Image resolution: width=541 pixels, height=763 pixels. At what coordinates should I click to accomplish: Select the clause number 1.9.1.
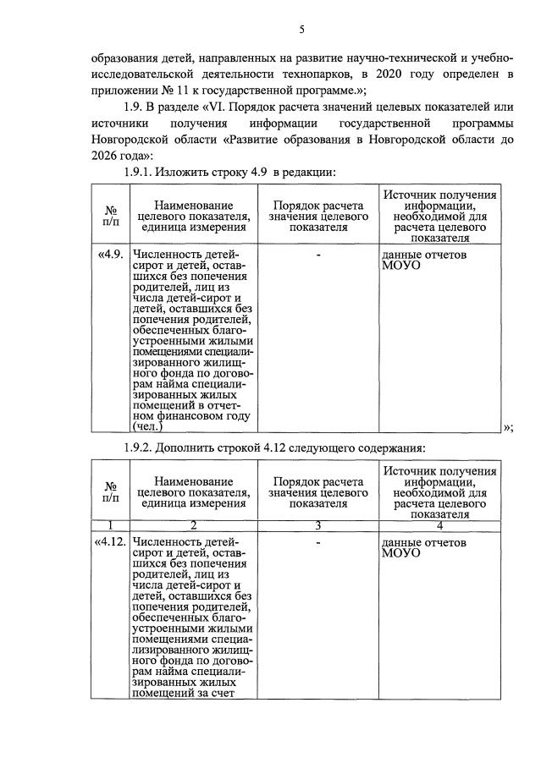tap(142, 173)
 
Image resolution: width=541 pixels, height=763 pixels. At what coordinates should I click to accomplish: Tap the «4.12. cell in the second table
tap(110, 541)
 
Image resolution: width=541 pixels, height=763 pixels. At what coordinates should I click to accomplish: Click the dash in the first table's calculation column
tap(317, 254)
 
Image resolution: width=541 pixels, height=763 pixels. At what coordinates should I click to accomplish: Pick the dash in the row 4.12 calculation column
tap(317, 542)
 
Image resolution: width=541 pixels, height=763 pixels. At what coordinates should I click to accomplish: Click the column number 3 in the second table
tap(317, 525)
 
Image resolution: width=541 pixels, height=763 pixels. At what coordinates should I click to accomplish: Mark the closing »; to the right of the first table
tap(508, 427)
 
